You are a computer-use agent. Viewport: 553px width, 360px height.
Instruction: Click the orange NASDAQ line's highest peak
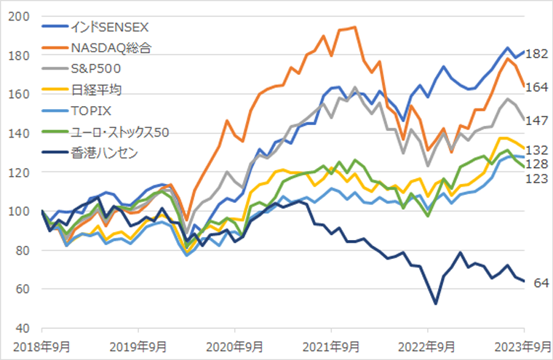pos(354,28)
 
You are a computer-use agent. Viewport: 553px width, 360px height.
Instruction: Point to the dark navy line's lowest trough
pos(435,303)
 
